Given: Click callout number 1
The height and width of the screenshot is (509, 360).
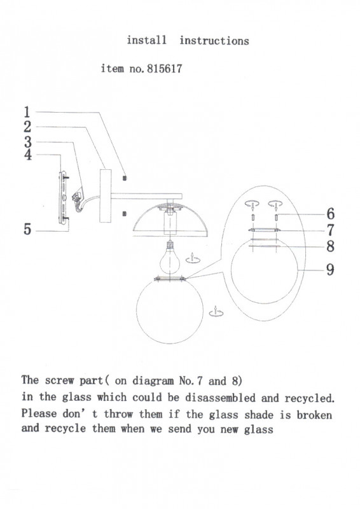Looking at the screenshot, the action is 27,112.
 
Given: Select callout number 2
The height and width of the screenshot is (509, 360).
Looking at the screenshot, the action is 27,127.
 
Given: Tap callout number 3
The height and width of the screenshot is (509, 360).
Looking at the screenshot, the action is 27,142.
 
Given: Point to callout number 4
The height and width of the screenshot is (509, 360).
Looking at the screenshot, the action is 28,155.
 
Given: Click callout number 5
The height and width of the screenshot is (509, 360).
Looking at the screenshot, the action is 27,229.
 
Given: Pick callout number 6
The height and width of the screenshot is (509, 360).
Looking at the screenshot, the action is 331,214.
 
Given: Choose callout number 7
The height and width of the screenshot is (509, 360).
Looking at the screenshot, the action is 331,230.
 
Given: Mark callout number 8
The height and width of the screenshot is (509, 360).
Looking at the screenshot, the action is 331,246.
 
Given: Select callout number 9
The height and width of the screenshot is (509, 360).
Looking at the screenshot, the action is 330,270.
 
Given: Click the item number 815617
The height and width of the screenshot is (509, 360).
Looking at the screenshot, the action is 165,69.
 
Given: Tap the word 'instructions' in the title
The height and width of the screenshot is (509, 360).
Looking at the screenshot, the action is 214,41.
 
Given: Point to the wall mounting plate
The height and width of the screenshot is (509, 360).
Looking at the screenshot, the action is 63,197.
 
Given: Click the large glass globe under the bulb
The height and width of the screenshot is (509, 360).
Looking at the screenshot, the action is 170,310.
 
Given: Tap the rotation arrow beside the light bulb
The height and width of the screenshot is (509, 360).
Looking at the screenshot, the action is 193,259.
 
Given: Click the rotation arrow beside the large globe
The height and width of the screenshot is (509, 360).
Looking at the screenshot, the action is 216,312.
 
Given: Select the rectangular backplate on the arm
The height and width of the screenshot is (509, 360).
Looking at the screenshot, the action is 106,196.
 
